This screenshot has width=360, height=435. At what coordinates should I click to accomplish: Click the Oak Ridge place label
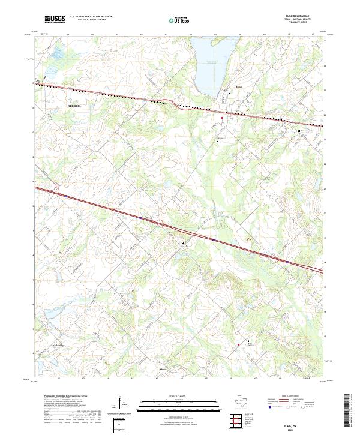pyautogui.click(x=59, y=346)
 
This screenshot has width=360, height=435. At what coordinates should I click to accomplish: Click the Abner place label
pyautogui.click(x=164, y=368)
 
